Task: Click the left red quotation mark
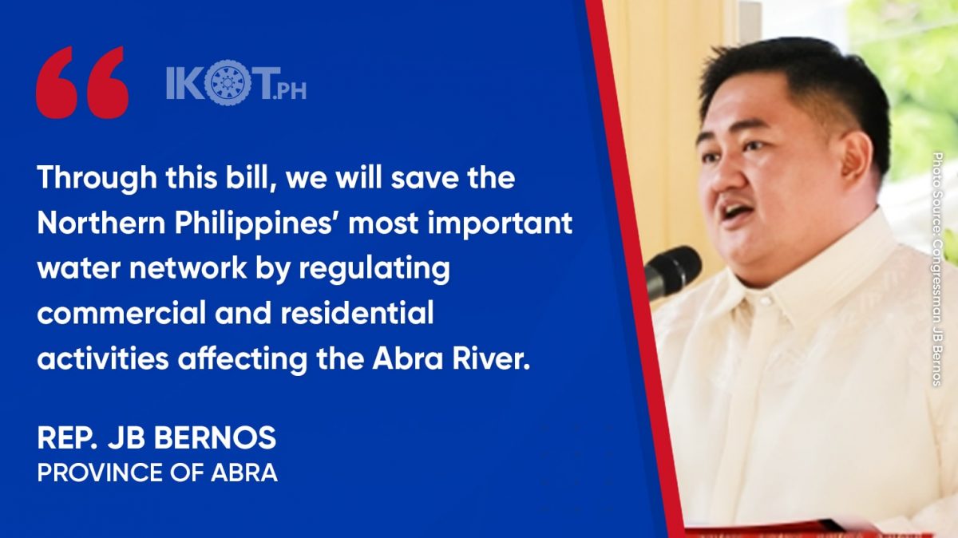tap(57, 83)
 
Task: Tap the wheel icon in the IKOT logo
tap(228, 82)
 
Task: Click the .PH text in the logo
tap(289, 91)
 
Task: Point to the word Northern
tap(101, 223)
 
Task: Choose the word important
tap(500, 224)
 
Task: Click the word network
tap(188, 268)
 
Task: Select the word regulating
tap(374, 271)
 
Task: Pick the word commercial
tap(121, 313)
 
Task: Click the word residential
tap(357, 312)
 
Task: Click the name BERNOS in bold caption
tap(215, 438)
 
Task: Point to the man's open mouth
tap(736, 211)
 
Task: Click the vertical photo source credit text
tap(936, 270)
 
